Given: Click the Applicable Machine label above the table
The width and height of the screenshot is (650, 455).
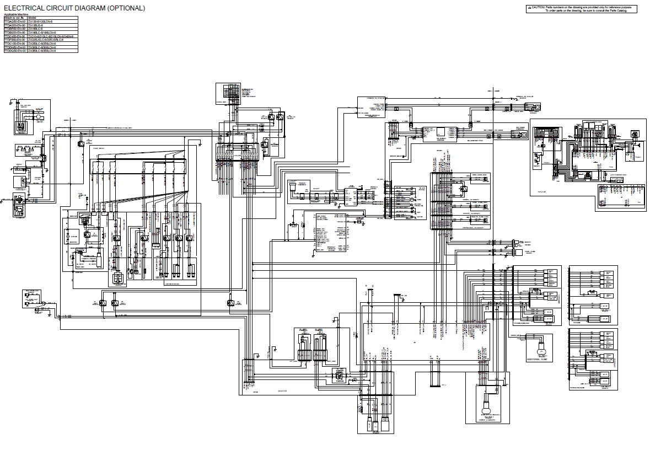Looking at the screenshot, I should pyautogui.click(x=15, y=14).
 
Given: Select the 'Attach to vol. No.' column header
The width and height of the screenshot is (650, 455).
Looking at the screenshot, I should pyautogui.click(x=15, y=18).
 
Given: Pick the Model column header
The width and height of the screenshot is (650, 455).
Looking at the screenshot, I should pyautogui.click(x=32, y=18).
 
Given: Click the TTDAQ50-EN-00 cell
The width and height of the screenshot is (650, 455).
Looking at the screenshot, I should pyautogui.click(x=15, y=22).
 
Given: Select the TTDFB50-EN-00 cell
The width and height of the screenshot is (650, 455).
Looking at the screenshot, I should pyautogui.click(x=15, y=40).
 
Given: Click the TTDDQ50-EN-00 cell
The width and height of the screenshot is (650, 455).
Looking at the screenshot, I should pyautogui.click(x=15, y=51).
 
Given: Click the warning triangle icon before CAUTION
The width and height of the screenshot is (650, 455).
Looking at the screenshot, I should pyautogui.click(x=529, y=7).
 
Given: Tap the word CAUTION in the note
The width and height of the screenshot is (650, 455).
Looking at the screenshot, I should pyautogui.click(x=538, y=7).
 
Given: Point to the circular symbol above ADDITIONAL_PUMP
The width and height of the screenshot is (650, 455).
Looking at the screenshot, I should pyautogui.click(x=541, y=351).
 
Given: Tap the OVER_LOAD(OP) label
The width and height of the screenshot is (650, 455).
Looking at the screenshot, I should pyautogui.click(x=487, y=420).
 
